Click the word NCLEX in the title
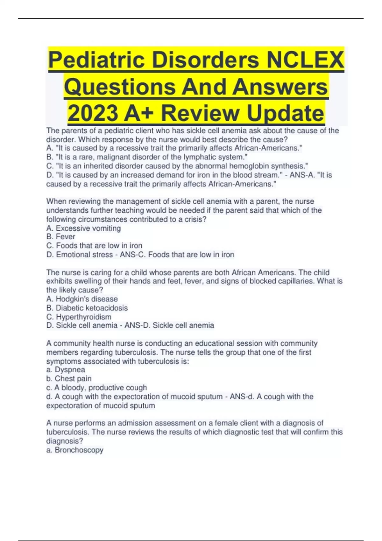(x=305, y=60)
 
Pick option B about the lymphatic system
(x=147, y=157)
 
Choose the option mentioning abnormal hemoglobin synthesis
(x=177, y=166)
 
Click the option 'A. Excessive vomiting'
(x=83, y=228)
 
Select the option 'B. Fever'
(x=61, y=237)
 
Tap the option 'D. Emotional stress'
(x=80, y=255)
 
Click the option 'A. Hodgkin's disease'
(x=82, y=299)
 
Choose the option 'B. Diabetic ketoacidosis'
(x=87, y=308)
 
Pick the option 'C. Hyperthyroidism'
(x=79, y=317)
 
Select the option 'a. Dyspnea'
(x=66, y=370)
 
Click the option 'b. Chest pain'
(x=69, y=379)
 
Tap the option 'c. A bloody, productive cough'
(x=96, y=388)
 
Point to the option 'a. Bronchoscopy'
(x=75, y=450)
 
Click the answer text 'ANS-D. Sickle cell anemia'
(x=169, y=325)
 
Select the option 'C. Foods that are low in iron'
(x=94, y=246)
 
